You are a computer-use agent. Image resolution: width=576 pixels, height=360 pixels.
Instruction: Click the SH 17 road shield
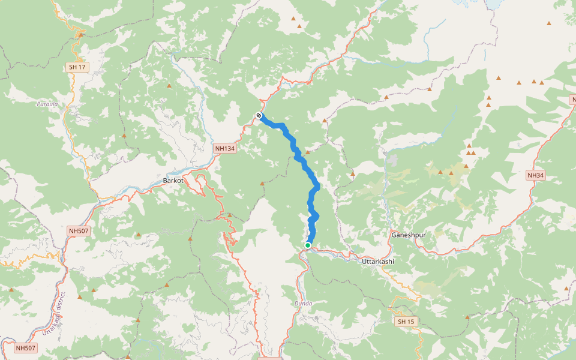[x=77, y=67]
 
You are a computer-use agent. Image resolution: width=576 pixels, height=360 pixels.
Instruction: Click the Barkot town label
[x=173, y=180]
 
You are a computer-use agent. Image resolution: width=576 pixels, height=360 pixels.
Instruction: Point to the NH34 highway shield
[x=535, y=175]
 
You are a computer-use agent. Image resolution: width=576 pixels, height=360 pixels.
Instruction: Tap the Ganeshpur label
[x=408, y=235]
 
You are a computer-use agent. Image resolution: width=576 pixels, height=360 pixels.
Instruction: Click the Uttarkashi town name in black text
[x=378, y=262]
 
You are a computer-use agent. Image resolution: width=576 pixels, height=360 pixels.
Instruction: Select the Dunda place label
[x=303, y=304]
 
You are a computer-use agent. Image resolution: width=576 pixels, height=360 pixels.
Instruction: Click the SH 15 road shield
[x=406, y=322]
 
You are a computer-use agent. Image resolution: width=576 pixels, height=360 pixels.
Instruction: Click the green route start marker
[x=308, y=245]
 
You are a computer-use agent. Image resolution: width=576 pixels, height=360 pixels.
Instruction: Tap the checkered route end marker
[x=259, y=115]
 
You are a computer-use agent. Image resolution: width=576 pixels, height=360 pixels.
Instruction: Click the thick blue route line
[x=311, y=180]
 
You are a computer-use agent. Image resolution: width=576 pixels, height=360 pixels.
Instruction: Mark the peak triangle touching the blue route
[x=307, y=153]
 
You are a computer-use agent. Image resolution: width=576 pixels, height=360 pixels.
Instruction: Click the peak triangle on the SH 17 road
[x=80, y=35]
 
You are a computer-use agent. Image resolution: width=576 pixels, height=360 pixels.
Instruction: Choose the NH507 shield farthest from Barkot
[x=26, y=347]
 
